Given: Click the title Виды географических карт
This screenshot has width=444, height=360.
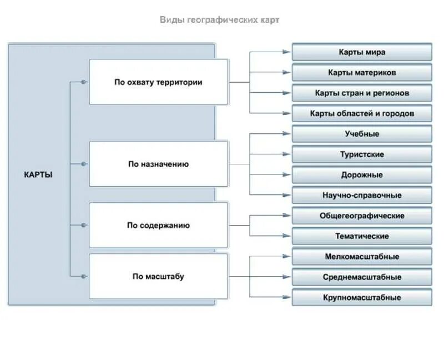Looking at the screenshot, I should click(x=220, y=20).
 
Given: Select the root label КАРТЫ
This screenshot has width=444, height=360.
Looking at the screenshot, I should click(x=38, y=174).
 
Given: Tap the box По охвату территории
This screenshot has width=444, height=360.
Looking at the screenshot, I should click(x=158, y=82).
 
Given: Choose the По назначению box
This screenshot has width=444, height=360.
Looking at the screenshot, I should click(x=158, y=164).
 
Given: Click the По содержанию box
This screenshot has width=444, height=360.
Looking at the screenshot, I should click(x=158, y=225).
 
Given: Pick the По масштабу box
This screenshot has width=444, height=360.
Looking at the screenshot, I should click(x=158, y=276).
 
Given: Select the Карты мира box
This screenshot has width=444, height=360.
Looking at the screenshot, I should click(x=362, y=52).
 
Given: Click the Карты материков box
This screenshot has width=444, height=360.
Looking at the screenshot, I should click(x=362, y=73).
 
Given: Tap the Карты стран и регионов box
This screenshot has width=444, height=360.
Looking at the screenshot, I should click(x=362, y=93).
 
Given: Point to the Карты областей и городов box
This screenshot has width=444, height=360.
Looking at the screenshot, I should click(x=362, y=114).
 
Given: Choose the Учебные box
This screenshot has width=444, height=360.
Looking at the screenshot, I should click(x=362, y=134).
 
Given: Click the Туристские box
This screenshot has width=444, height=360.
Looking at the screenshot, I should click(x=362, y=154).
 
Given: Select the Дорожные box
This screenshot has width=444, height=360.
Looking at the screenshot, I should click(x=362, y=175).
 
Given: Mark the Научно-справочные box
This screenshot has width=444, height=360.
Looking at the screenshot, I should click(x=362, y=196).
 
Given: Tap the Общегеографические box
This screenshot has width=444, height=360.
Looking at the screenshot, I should click(x=362, y=216).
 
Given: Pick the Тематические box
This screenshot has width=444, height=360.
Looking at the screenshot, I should click(x=362, y=236).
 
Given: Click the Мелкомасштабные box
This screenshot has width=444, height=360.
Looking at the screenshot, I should click(x=362, y=257).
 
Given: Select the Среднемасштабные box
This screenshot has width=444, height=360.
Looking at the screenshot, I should click(x=362, y=277).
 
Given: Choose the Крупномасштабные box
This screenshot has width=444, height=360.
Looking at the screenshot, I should click(x=362, y=297).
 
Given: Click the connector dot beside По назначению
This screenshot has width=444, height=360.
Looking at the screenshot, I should click(x=84, y=164).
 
